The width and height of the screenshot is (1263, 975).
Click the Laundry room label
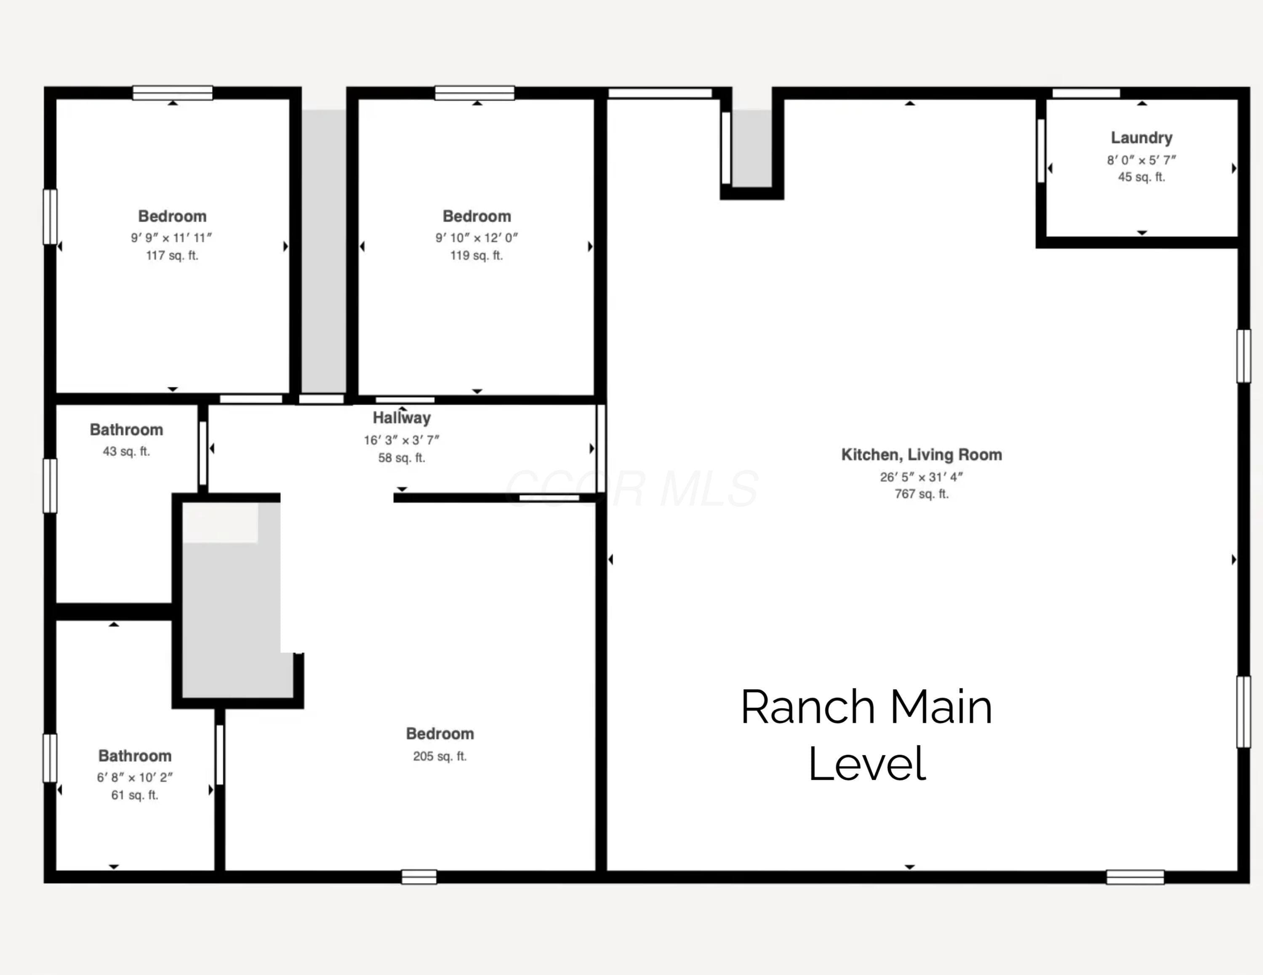[x=1142, y=138]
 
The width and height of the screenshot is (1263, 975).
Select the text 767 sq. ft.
[x=922, y=494]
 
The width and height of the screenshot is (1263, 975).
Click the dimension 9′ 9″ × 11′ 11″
[x=172, y=238]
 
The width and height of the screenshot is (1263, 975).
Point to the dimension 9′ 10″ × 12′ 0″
[x=477, y=238]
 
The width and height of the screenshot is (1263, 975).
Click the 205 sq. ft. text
[x=440, y=757]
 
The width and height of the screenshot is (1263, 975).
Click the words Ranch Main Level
[x=866, y=735]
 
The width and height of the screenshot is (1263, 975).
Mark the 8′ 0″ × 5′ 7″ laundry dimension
[x=1142, y=160]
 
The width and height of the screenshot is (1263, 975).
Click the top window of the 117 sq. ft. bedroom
[x=173, y=93]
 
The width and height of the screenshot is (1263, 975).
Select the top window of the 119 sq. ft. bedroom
[x=475, y=93]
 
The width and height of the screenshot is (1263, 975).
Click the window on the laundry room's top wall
[x=1086, y=93]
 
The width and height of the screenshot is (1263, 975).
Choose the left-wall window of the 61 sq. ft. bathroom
[x=51, y=758]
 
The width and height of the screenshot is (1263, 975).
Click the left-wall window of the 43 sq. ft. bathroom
[x=51, y=486]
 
